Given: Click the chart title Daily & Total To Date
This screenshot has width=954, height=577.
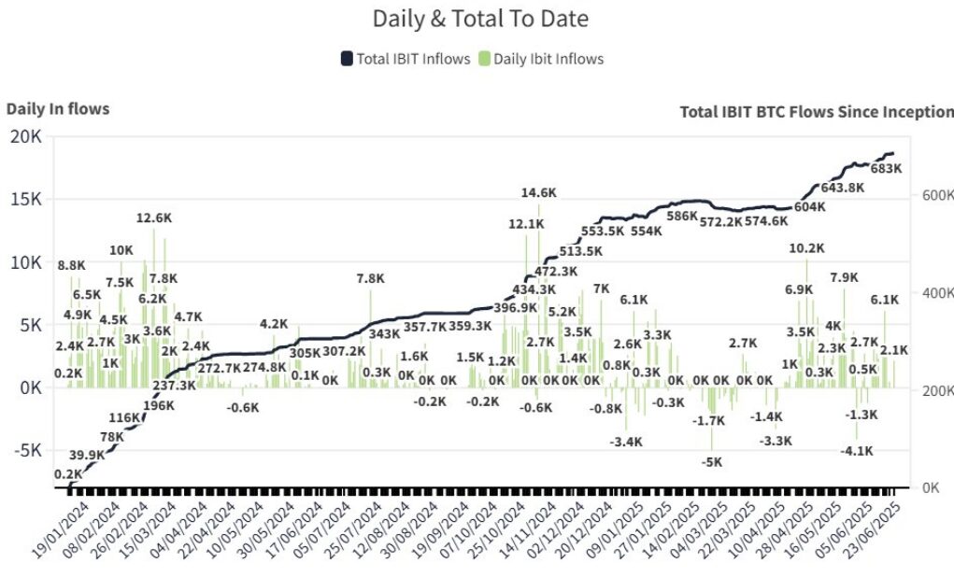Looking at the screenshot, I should (480, 19).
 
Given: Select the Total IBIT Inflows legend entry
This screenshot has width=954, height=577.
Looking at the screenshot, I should (406, 59).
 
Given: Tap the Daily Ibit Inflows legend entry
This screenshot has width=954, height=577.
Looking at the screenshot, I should (541, 59).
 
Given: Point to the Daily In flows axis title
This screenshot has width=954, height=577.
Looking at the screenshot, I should (58, 109).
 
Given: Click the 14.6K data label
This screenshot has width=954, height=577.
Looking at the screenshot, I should (538, 193).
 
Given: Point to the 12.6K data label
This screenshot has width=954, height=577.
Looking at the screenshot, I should (154, 218).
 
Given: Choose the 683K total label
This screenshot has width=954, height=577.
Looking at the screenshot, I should (885, 169).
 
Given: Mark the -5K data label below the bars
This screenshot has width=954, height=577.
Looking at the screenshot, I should (712, 461).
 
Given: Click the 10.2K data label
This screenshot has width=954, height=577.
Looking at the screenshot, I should (806, 248).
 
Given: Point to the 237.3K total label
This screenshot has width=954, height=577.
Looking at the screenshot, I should (175, 386).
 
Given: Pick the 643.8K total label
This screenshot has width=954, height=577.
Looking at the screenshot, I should (842, 187).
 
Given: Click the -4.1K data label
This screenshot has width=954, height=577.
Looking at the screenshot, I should (857, 450).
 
